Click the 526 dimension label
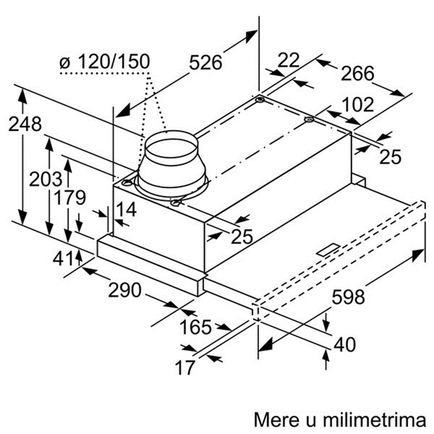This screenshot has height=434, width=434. tap(206, 63)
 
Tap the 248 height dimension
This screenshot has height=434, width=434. tap(25, 124)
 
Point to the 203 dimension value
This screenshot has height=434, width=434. tap(45, 179)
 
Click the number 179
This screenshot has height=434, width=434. tap(69, 197)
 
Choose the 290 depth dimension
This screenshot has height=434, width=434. tap(125, 290)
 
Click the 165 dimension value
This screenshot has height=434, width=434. tap(196, 327)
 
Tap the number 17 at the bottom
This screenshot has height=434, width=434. tap(185, 368)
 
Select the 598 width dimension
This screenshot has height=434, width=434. tap(348, 297)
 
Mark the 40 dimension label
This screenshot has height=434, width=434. tap(345, 345)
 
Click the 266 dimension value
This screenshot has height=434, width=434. tap(358, 73)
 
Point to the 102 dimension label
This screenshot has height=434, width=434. tap(358, 104)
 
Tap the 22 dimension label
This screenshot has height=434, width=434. tap(288, 60)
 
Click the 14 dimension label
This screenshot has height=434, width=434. tap(126, 209)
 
